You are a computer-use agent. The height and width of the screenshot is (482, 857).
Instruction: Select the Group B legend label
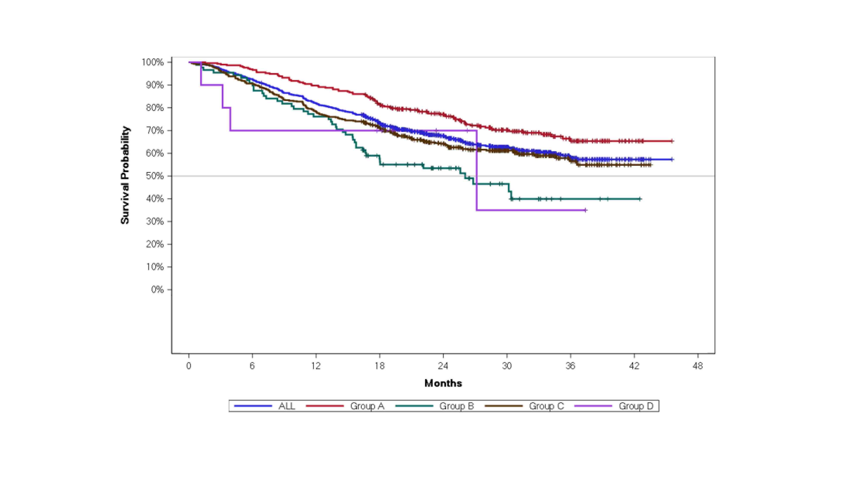(x=456, y=406)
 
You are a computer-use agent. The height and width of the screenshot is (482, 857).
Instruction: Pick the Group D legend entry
(x=636, y=406)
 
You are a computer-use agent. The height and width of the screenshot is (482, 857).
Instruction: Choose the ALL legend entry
(x=286, y=406)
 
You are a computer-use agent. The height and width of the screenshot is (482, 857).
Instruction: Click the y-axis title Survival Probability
(x=125, y=175)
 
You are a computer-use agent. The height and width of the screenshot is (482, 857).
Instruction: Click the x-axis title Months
(x=443, y=383)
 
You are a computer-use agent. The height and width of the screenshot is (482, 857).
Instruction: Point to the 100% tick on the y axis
(x=153, y=62)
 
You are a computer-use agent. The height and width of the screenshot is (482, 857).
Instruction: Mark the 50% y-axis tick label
(x=155, y=176)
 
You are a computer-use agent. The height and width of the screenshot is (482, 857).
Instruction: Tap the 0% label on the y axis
(x=157, y=290)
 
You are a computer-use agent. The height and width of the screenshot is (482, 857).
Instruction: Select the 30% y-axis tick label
(x=155, y=222)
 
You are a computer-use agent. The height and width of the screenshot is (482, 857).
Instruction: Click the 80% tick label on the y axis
(x=155, y=108)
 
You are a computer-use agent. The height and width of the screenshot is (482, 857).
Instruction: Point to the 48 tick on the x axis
(x=698, y=366)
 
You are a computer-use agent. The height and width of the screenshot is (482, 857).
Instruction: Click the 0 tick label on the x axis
(x=189, y=366)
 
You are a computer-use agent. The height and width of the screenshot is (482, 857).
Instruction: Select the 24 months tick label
(x=443, y=366)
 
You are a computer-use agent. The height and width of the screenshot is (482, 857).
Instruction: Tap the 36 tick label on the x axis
(x=570, y=366)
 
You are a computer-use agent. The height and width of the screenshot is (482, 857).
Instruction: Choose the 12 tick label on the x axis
(x=316, y=366)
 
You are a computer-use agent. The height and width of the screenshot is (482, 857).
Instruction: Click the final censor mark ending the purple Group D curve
(x=586, y=210)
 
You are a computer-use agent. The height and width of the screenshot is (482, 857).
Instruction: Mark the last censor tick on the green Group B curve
(x=640, y=199)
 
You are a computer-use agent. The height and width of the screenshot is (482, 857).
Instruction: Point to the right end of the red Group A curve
(x=672, y=141)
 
